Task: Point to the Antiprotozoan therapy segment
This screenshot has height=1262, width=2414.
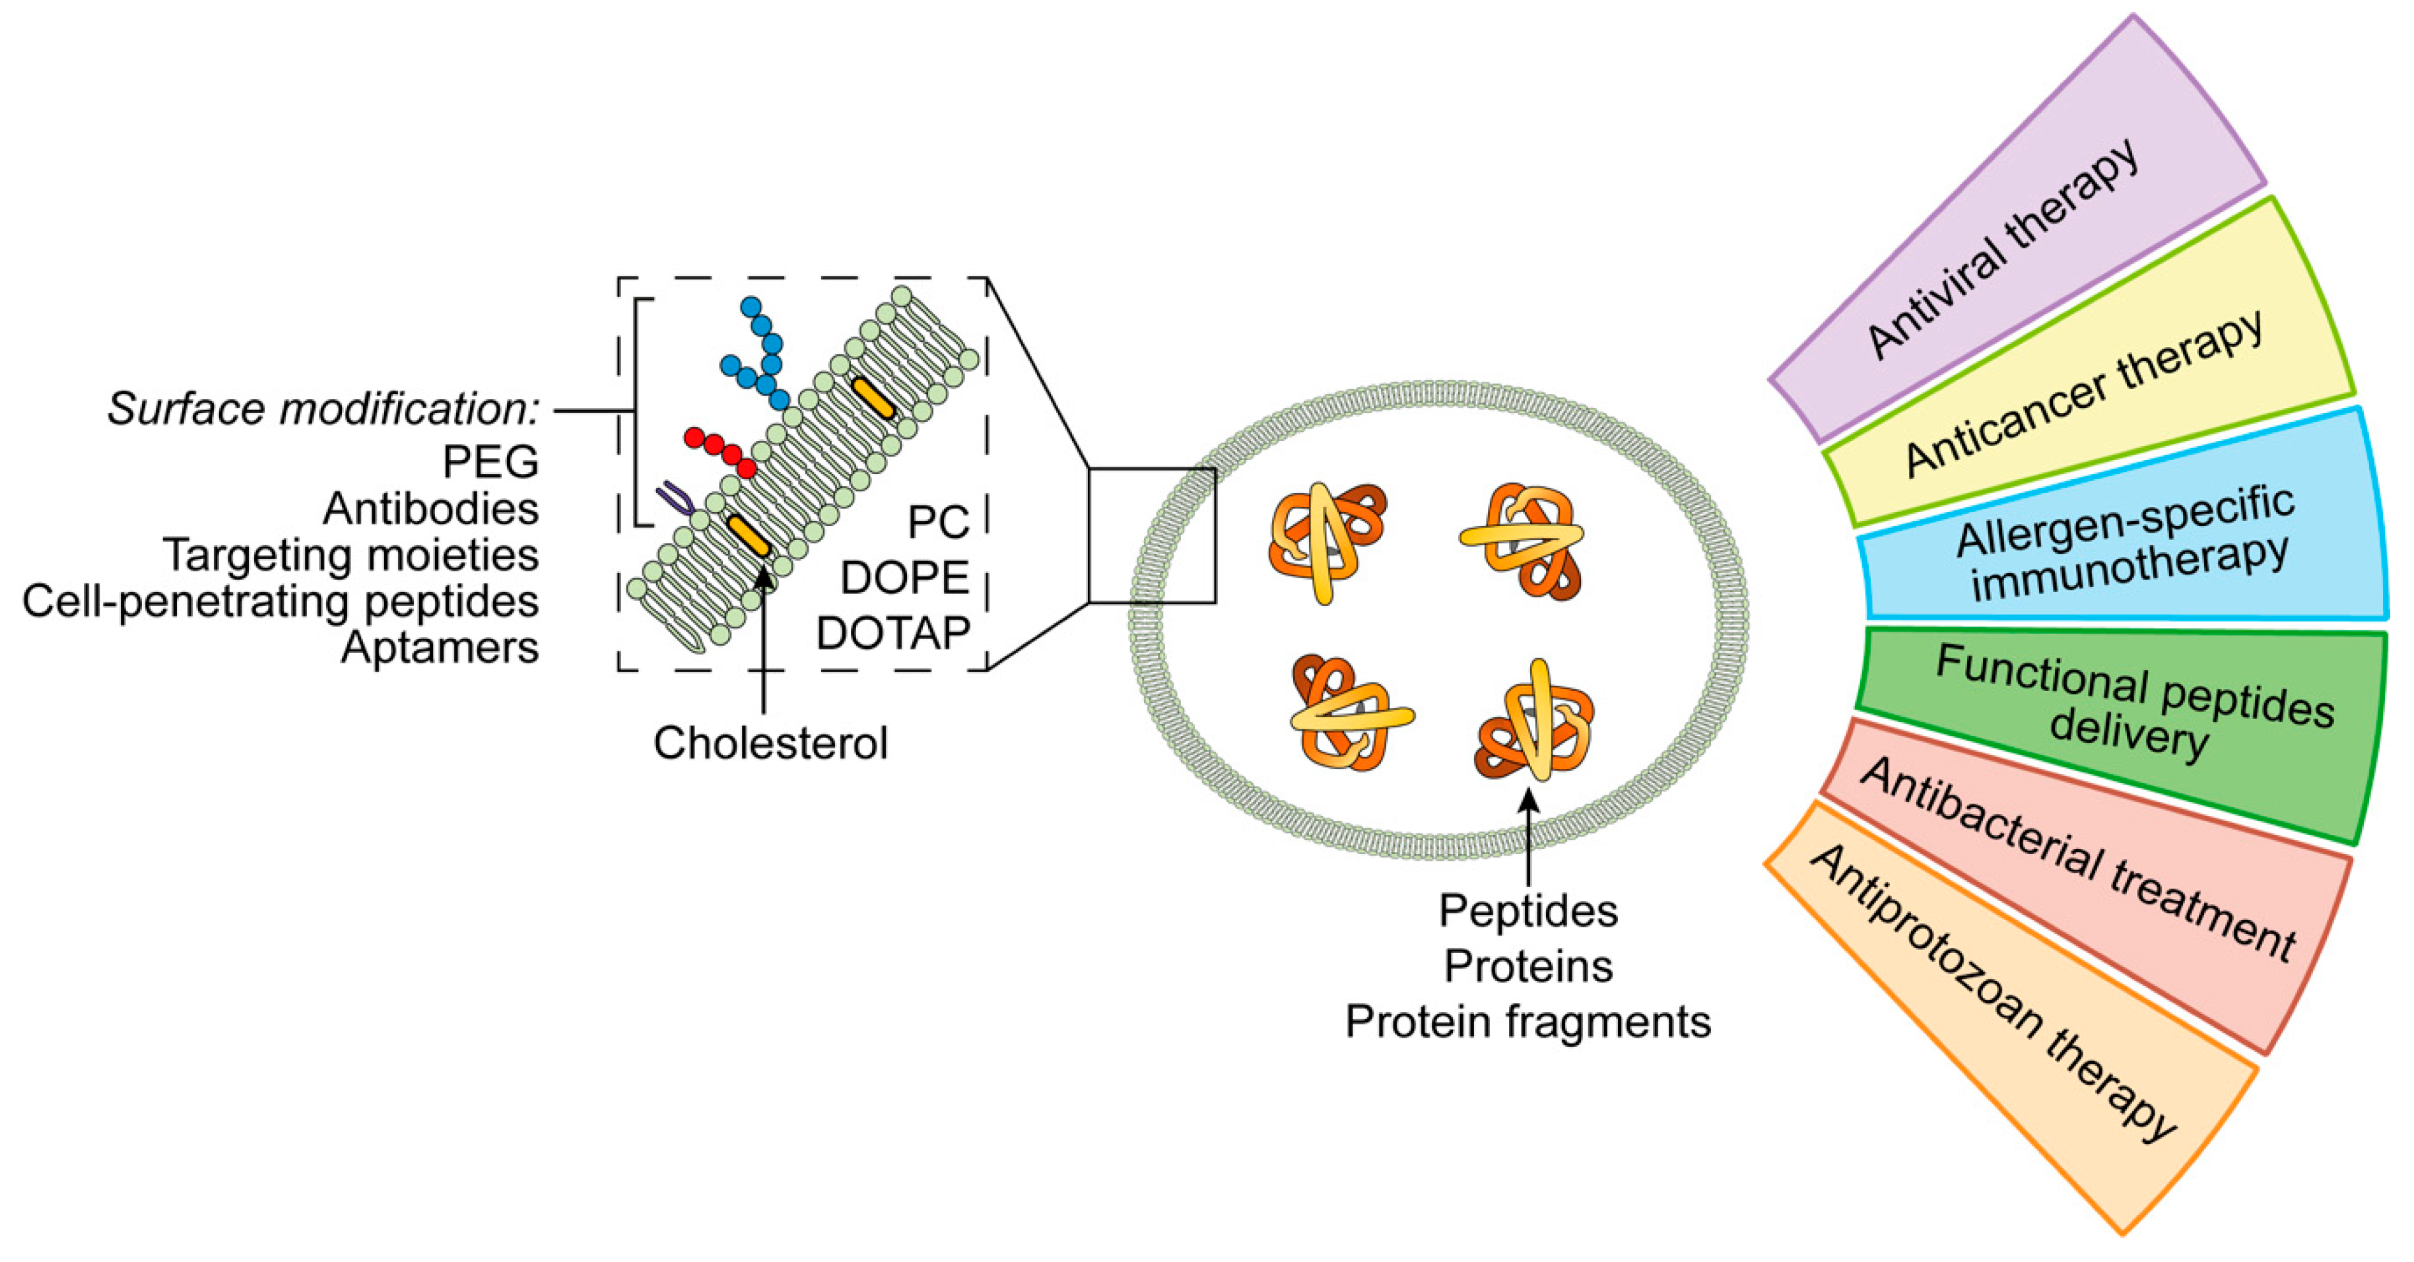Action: click(x=1996, y=993)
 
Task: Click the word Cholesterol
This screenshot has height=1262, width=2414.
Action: click(x=770, y=743)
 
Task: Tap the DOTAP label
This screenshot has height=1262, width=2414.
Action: click(x=892, y=634)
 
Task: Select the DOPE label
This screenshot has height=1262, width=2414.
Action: click(x=904, y=578)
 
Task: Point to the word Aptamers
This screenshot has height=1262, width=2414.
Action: click(x=440, y=646)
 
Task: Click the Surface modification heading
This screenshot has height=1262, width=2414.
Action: click(x=323, y=409)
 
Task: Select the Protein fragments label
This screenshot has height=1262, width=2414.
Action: click(x=1527, y=1021)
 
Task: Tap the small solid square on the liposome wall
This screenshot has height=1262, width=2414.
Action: click(x=1152, y=535)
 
